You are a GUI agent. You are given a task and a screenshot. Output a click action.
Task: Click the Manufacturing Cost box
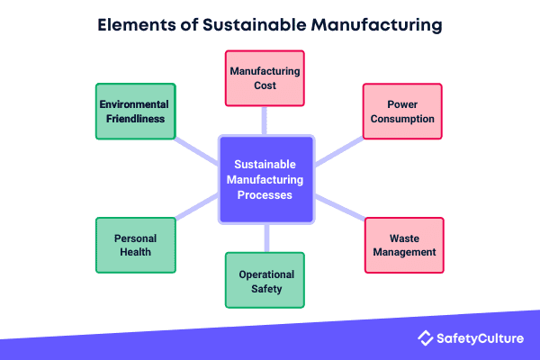(x=265, y=77)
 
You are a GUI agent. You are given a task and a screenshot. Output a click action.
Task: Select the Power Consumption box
(x=402, y=112)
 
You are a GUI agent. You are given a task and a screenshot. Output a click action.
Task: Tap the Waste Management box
(x=404, y=245)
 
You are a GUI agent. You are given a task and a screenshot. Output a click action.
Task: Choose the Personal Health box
(x=135, y=245)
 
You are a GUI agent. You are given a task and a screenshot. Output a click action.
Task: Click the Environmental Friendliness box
(x=135, y=112)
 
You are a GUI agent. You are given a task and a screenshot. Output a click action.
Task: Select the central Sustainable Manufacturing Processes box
(x=266, y=180)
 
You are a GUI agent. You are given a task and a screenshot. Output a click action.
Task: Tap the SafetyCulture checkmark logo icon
(x=426, y=338)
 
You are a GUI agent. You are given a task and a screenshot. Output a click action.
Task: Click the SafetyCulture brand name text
(x=482, y=338)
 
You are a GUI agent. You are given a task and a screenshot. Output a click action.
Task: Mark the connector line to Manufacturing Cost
(x=265, y=120)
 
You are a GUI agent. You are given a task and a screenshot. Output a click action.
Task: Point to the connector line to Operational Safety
(x=266, y=238)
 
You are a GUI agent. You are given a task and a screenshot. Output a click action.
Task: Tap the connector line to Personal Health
(x=196, y=211)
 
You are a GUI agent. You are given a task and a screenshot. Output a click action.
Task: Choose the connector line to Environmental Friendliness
(x=196, y=148)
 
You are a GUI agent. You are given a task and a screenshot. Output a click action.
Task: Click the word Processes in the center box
(x=266, y=195)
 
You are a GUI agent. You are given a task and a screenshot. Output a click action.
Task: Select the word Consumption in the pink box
(x=402, y=119)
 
